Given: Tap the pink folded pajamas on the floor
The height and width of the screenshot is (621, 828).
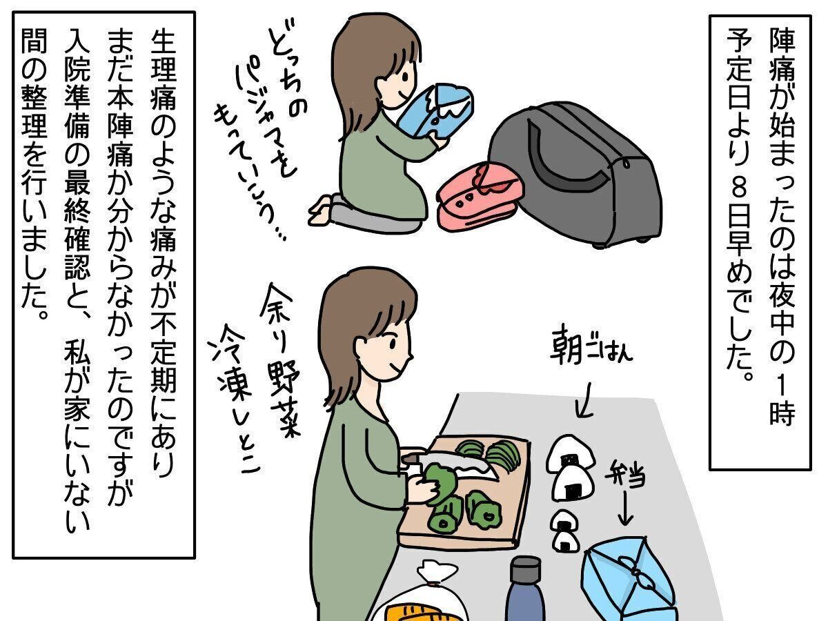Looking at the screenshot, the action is pyautogui.click(x=480, y=196).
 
